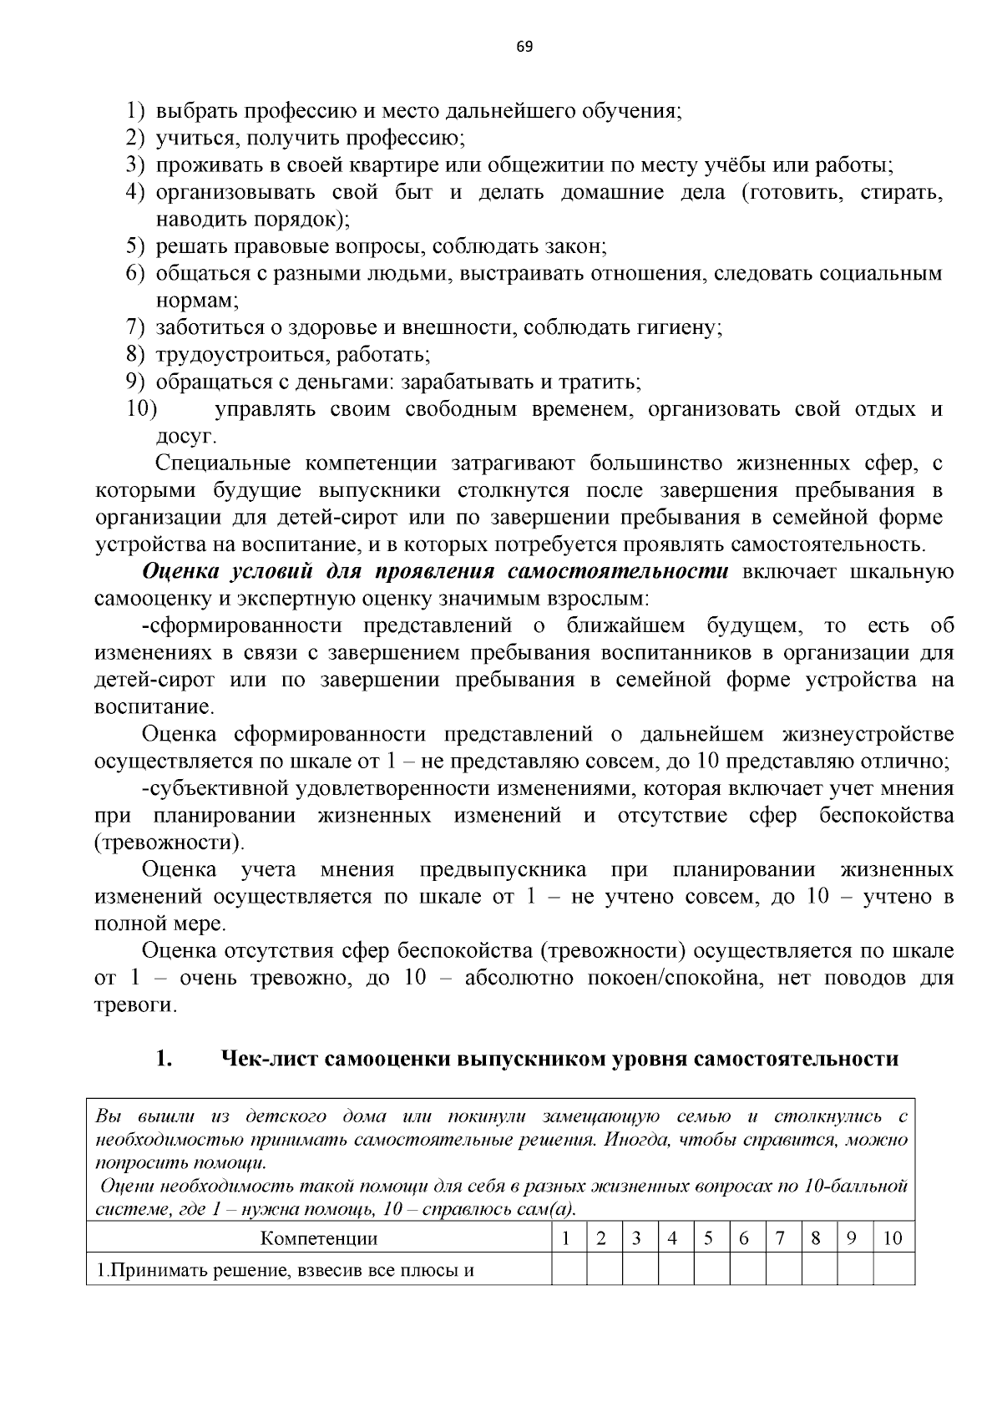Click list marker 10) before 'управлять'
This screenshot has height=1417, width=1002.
tap(142, 409)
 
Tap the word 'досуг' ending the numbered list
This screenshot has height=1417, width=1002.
tap(186, 436)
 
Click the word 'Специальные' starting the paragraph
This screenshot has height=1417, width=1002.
tap(223, 463)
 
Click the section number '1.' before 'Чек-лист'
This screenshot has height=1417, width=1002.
tap(164, 1059)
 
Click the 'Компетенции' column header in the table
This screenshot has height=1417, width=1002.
tap(319, 1237)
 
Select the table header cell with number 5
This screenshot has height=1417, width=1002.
tap(707, 1237)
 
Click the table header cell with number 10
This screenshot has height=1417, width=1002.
tap(893, 1237)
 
